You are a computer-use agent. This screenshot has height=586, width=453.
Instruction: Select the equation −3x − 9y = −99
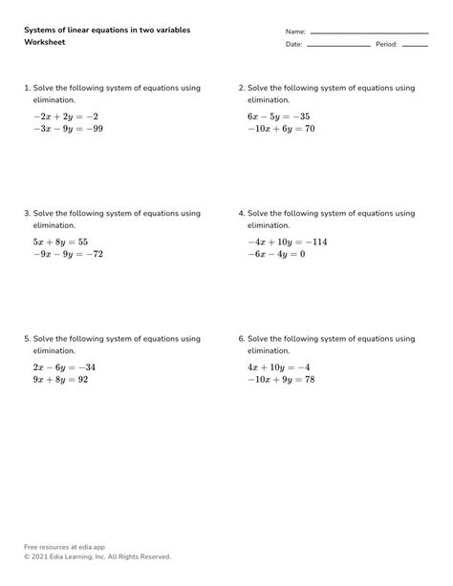click(67, 129)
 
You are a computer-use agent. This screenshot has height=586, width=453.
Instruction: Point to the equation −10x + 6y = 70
click(281, 129)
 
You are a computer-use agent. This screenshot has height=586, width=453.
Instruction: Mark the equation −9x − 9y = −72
click(68, 255)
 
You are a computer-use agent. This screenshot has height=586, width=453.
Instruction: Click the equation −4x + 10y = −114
click(287, 242)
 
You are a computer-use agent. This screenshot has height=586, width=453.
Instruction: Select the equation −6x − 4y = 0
click(276, 255)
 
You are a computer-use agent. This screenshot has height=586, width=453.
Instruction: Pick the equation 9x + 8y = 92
click(60, 380)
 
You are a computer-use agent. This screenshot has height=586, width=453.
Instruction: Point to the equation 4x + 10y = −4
click(279, 367)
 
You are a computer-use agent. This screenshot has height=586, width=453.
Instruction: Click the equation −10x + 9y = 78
click(281, 380)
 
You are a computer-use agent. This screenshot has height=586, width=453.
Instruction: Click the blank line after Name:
click(368, 32)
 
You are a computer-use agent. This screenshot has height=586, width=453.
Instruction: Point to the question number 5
click(27, 339)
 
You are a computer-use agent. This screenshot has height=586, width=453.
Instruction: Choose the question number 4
click(241, 213)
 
